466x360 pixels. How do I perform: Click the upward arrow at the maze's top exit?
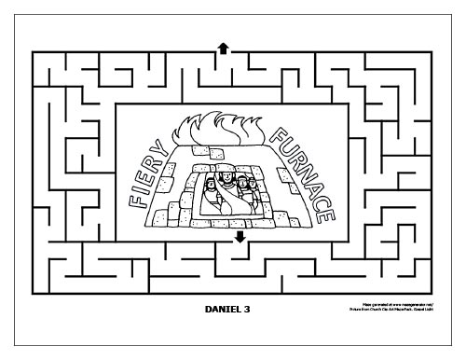click(223, 46)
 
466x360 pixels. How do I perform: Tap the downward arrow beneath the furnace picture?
click(240, 237)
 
